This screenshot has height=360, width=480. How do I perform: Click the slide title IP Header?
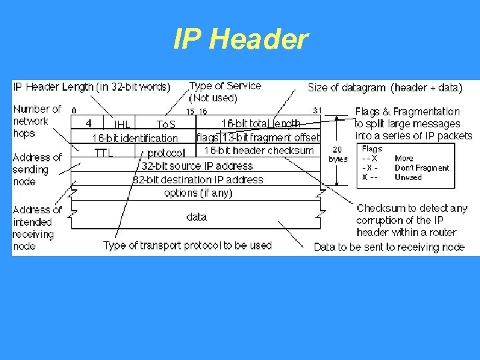(240, 40)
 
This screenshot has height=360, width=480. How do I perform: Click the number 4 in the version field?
(89, 123)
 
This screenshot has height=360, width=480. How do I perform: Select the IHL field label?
(123, 125)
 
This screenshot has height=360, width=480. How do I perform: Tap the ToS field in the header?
(166, 125)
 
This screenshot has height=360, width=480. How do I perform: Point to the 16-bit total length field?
(261, 123)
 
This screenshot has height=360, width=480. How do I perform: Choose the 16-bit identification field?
(135, 138)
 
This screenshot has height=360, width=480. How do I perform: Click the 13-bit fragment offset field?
(271, 138)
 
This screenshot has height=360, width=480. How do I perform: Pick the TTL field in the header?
(103, 152)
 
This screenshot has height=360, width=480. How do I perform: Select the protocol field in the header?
(166, 153)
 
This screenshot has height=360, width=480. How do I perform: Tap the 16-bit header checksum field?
(259, 151)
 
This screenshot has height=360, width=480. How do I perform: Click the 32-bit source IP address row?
(197, 165)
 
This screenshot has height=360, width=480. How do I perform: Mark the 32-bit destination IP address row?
(198, 179)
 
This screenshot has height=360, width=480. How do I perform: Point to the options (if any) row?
(198, 193)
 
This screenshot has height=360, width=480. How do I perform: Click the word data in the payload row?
(197, 217)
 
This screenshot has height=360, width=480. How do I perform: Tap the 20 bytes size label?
(338, 155)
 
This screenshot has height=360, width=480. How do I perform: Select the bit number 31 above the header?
(317, 111)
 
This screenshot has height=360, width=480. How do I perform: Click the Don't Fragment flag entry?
(421, 168)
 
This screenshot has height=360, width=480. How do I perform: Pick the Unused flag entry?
(408, 177)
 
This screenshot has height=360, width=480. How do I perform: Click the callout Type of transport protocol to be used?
(187, 245)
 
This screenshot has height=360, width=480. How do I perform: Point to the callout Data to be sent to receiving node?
(389, 247)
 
